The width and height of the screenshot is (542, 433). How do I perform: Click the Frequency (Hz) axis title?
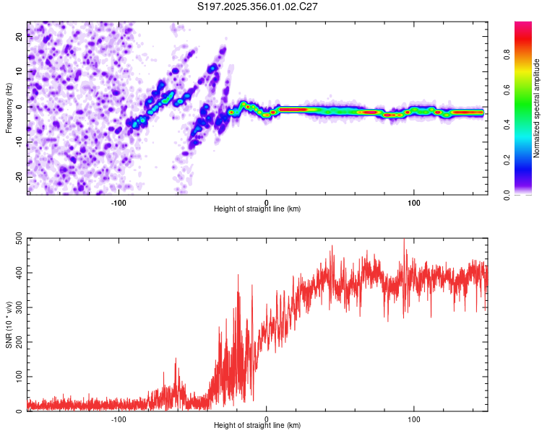[9, 108]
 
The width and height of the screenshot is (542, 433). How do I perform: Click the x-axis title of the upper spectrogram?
[257, 209]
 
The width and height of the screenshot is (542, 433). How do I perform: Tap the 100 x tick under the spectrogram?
[414, 201]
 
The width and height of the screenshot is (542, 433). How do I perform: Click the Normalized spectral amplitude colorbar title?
[537, 108]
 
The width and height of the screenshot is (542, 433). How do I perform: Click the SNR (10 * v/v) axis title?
[9, 323]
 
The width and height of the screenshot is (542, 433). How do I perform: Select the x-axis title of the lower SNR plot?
[257, 426]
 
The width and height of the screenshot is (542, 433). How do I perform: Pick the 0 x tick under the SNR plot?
[267, 419]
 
